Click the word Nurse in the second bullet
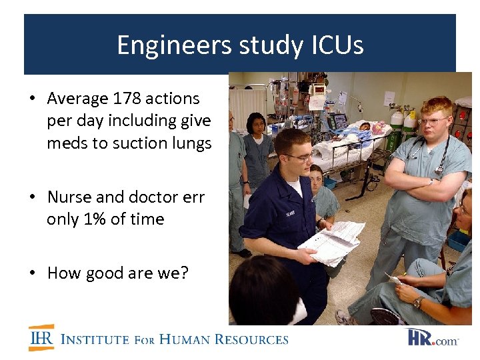point(69,197)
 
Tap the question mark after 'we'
point(184,273)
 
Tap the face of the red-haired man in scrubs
point(433,123)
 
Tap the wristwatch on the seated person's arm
point(418,302)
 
